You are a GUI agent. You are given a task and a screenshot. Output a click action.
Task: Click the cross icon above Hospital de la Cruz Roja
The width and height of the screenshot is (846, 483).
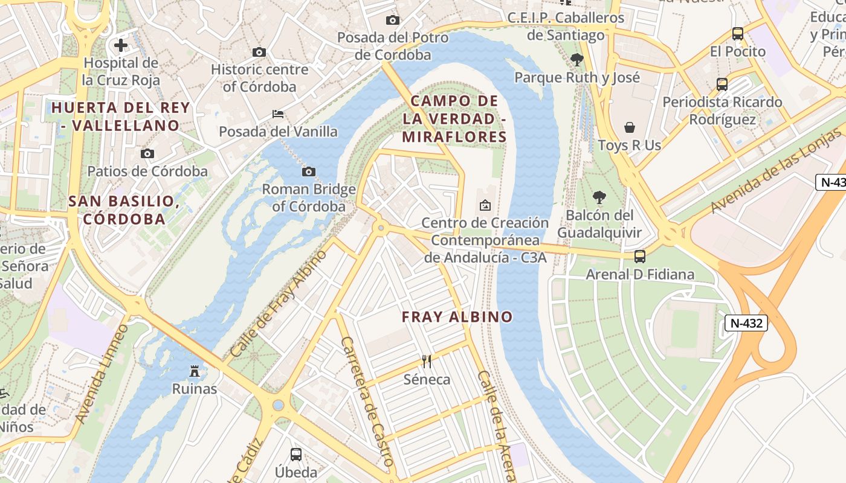tap(121, 45)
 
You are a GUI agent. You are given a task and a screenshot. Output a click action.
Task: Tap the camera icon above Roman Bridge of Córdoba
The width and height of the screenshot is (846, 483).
tap(309, 172)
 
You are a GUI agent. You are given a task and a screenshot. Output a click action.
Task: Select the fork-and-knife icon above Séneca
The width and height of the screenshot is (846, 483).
tap(427, 362)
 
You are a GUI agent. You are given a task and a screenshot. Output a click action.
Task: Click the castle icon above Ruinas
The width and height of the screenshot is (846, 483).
tap(195, 371)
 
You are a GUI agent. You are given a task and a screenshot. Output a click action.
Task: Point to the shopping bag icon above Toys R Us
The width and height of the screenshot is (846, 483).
tap(630, 127)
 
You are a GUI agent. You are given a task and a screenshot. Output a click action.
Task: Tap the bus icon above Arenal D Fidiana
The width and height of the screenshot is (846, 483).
tap(640, 257)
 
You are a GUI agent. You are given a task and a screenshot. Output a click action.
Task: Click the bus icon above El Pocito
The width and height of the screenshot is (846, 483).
tap(737, 34)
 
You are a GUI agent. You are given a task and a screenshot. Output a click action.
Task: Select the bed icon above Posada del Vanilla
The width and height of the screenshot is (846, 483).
tap(278, 114)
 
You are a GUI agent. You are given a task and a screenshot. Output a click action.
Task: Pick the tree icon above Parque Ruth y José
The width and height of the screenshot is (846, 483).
tap(576, 59)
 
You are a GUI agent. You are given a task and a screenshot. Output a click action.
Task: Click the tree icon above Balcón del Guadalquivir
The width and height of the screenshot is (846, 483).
tap(599, 197)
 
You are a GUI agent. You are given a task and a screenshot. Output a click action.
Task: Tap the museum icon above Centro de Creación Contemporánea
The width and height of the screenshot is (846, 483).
tap(485, 205)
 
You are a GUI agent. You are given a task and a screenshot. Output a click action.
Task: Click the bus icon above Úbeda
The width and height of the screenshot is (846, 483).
tap(296, 454)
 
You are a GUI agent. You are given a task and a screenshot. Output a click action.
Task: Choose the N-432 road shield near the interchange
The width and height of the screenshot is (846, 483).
tap(746, 323)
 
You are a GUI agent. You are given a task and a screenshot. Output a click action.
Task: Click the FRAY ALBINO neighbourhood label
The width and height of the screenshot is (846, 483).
tap(457, 317)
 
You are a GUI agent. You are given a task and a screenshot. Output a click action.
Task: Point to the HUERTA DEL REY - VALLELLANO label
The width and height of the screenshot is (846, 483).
tap(121, 117)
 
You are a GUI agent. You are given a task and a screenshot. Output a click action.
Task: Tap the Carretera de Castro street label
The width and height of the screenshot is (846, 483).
tap(367, 401)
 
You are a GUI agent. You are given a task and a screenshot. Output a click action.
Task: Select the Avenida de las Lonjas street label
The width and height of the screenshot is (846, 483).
tap(776, 174)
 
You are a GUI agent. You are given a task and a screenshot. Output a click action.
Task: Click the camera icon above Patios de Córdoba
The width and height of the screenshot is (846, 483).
tap(147, 154)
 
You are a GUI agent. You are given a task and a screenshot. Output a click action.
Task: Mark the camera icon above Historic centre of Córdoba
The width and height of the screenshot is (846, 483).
tap(259, 53)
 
